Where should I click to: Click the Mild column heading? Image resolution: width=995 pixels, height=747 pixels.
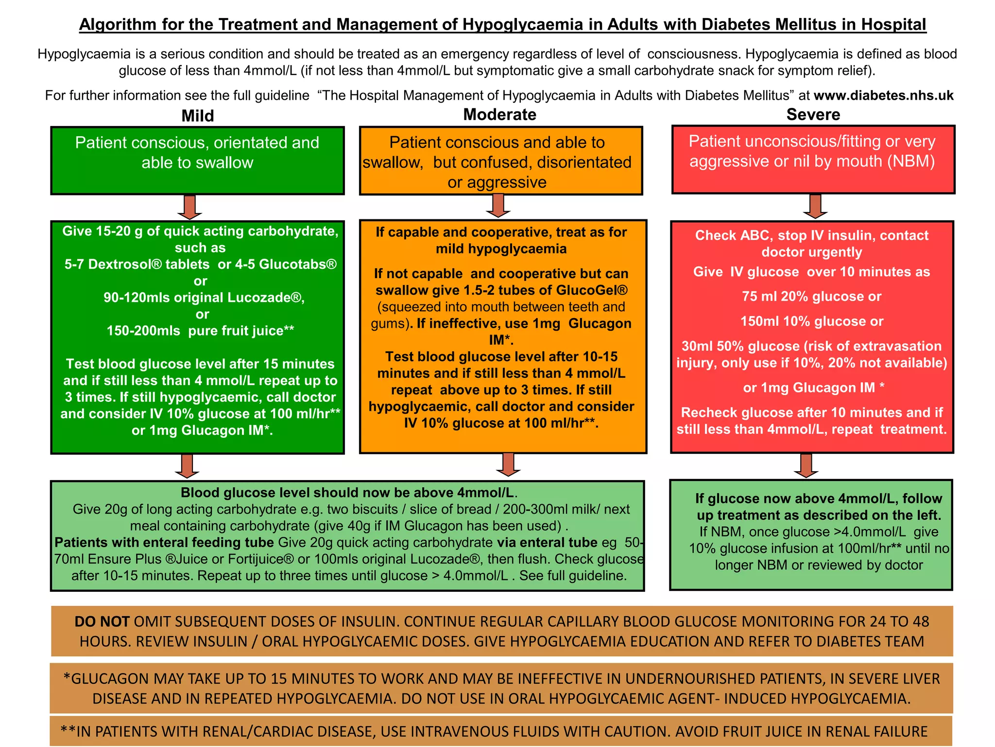(197, 116)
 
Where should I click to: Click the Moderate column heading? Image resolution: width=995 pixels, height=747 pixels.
(499, 114)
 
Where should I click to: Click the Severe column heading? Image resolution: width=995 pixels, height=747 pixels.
(813, 114)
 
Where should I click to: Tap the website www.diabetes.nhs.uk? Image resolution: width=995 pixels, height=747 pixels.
(883, 95)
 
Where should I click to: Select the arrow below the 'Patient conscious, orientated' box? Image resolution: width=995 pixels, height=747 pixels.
(189, 207)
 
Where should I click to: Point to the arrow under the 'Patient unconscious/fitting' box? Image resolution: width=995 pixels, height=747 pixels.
(815, 206)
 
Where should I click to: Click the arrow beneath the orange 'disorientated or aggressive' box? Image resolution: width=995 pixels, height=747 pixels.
(498, 205)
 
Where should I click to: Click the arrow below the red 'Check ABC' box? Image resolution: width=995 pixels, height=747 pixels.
(806, 465)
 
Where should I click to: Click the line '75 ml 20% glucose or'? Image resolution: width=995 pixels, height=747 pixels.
(811, 297)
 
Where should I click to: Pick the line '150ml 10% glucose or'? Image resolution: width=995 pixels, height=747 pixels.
(811, 321)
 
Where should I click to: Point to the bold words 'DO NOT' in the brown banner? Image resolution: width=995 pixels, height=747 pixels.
(102, 622)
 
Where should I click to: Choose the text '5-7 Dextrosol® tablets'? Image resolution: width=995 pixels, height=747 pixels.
(137, 265)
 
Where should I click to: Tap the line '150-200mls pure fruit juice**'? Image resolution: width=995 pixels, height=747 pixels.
(200, 331)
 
